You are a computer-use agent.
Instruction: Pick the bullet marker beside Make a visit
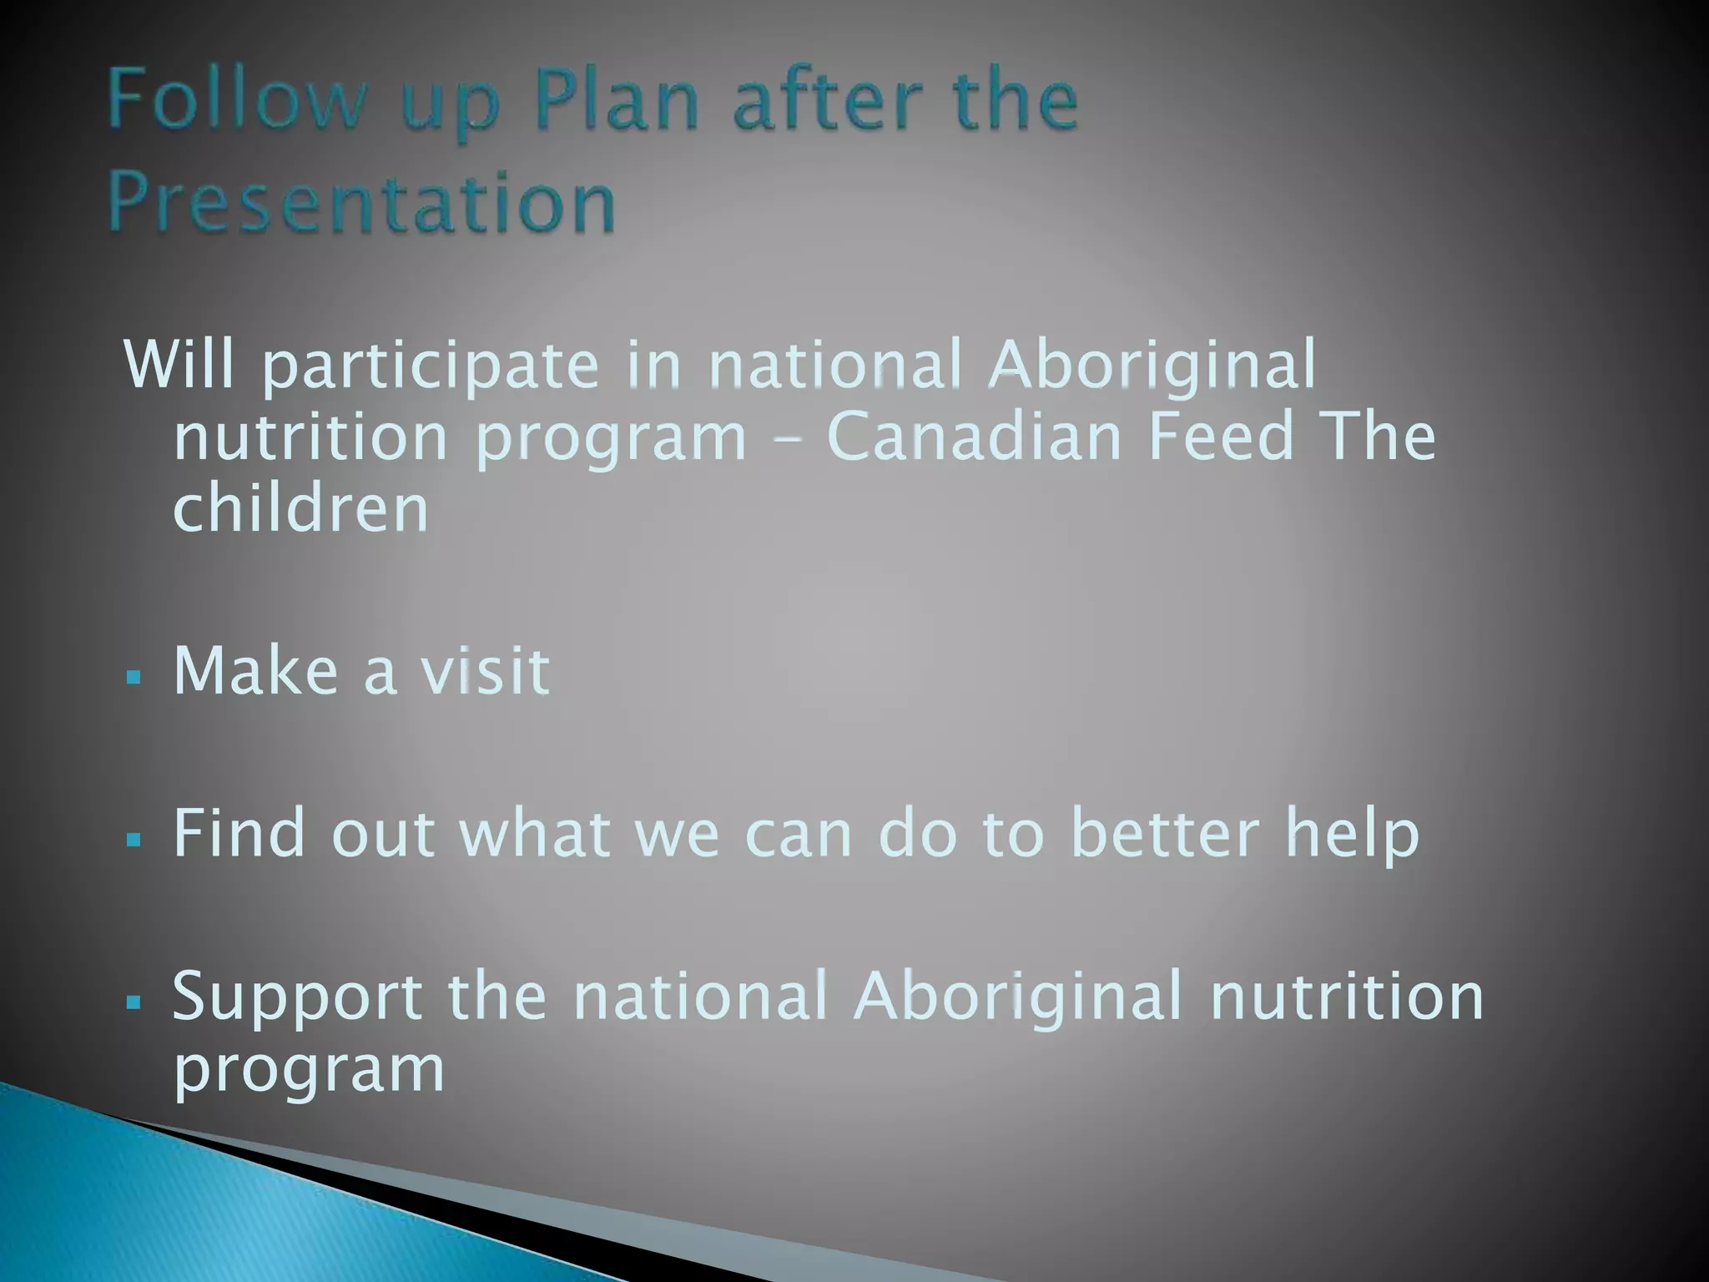coord(134,676)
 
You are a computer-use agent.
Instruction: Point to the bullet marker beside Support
coord(134,1002)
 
